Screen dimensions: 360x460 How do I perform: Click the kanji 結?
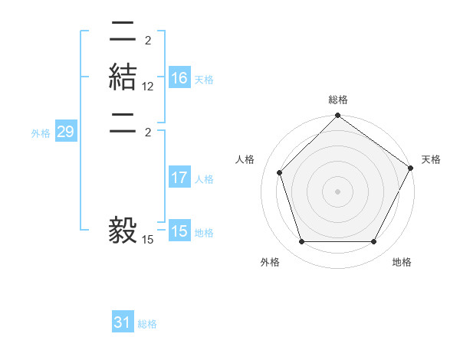point(123,78)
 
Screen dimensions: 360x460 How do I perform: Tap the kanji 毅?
point(123,230)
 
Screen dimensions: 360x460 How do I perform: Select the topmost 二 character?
point(123,32)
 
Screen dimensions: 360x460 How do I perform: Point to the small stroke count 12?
point(148,87)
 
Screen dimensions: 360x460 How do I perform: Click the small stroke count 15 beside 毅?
point(148,240)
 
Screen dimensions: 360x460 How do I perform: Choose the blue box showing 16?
point(179,79)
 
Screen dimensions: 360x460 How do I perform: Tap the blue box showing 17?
point(179,178)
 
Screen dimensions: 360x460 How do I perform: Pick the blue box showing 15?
point(179,232)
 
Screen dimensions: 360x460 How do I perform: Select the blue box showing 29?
point(66,133)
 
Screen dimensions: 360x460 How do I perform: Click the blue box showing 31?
point(123,323)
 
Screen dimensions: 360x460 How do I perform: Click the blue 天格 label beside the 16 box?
point(204,80)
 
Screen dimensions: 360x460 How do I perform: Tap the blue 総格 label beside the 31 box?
point(147,324)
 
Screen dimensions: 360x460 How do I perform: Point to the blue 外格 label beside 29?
point(41,133)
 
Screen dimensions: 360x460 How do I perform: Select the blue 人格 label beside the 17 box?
point(204,179)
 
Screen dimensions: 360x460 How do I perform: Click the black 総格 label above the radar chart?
point(338,100)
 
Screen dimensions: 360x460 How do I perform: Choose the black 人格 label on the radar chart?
point(245,159)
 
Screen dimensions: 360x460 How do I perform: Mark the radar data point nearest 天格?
point(410,168)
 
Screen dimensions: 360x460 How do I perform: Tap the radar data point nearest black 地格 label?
point(373,242)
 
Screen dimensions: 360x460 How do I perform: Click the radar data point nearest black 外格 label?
point(301,242)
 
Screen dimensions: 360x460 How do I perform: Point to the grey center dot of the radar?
point(337,191)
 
